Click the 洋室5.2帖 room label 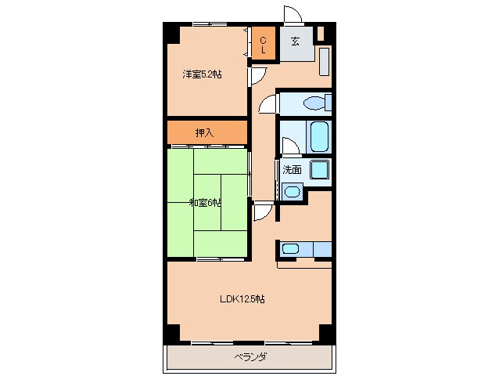[x=202, y=74]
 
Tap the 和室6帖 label [x=205, y=202]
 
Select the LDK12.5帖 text [x=242, y=299]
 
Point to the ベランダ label [x=250, y=356]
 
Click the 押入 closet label [x=204, y=132]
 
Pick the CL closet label [x=263, y=45]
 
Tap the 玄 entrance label [x=295, y=42]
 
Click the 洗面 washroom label [x=292, y=169]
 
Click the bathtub [x=319, y=136]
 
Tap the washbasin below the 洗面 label [x=292, y=191]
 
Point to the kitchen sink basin [x=290, y=248]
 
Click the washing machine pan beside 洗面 [x=320, y=170]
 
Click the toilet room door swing [x=267, y=104]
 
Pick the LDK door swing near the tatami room [x=264, y=211]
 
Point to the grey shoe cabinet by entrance [x=324, y=62]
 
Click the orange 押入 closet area [x=207, y=132]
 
